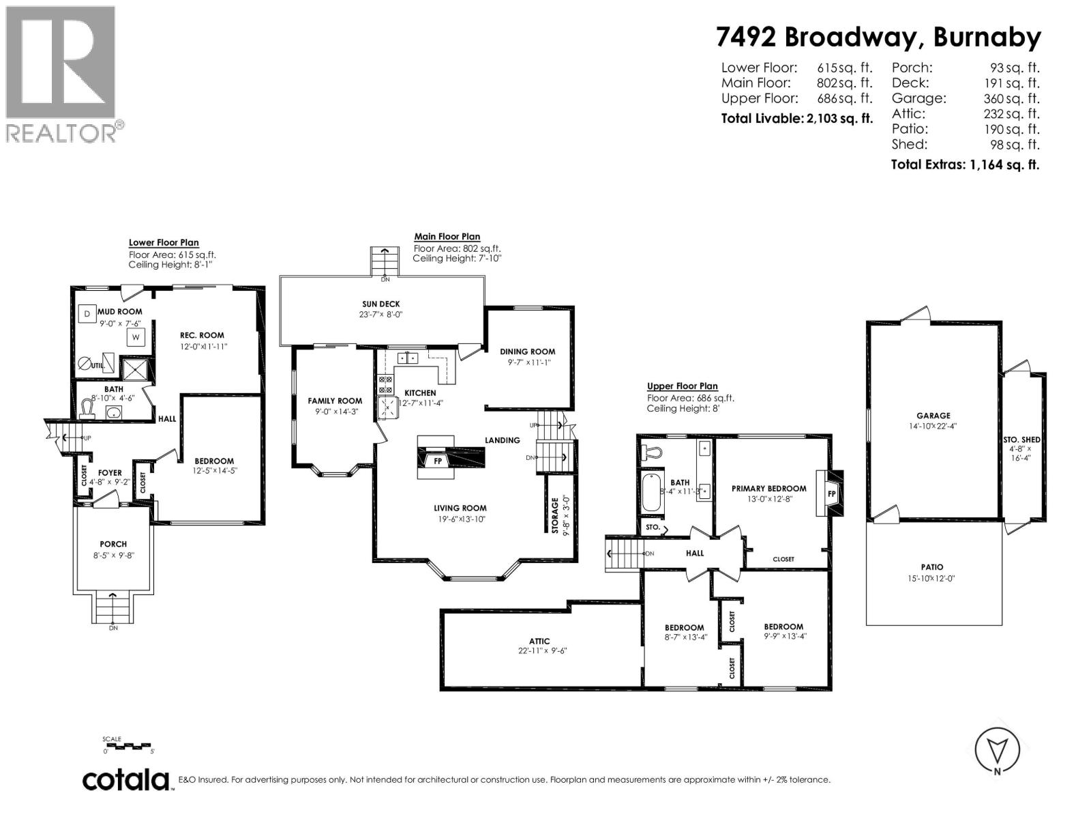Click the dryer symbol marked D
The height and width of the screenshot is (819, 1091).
coord(87,313)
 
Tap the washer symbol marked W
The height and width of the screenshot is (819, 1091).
coord(136,337)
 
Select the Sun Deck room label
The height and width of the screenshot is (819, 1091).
coord(381,304)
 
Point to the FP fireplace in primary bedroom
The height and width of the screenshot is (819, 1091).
coord(831,493)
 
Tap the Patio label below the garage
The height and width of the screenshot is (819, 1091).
coord(932,566)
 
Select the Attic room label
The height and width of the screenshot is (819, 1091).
coord(539,641)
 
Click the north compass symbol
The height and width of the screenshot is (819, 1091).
coord(998,751)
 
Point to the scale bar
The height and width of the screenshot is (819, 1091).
coord(129,746)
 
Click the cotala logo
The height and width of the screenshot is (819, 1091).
coord(126,780)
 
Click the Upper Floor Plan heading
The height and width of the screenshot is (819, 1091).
coord(682,386)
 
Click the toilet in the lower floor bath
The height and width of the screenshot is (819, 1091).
coord(87,409)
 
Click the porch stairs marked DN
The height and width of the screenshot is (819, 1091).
coord(113,607)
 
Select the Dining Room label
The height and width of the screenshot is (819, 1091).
coord(527,351)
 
